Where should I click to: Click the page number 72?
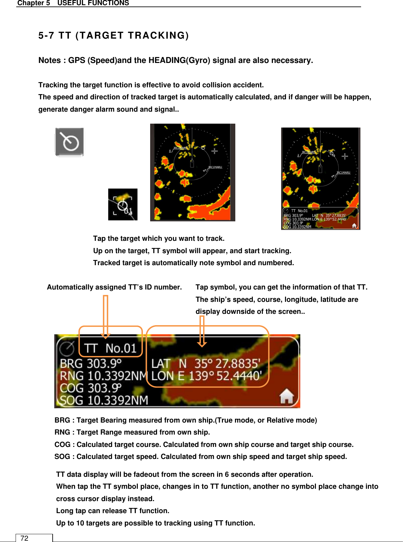tap(24, 538)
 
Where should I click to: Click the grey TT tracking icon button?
tap(70, 142)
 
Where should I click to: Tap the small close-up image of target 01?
tap(123, 204)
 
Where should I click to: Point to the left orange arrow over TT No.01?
tap(105, 316)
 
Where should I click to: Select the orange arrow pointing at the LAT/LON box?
tap(202, 331)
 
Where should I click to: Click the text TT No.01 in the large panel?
tap(110, 348)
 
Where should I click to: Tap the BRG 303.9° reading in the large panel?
tap(91, 363)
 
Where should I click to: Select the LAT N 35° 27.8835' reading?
tap(206, 363)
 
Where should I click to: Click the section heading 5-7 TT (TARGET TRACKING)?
tap(113, 35)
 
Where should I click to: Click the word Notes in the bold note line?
tap(49, 60)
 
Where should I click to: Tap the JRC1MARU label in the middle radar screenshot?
tap(215, 167)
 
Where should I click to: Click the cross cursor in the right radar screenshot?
tap(345, 156)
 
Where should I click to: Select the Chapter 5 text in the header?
tap(33, 3)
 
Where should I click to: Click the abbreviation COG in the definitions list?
tap(62, 445)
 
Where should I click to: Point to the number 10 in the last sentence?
tap(80, 523)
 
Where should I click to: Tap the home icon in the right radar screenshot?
tap(354, 226)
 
